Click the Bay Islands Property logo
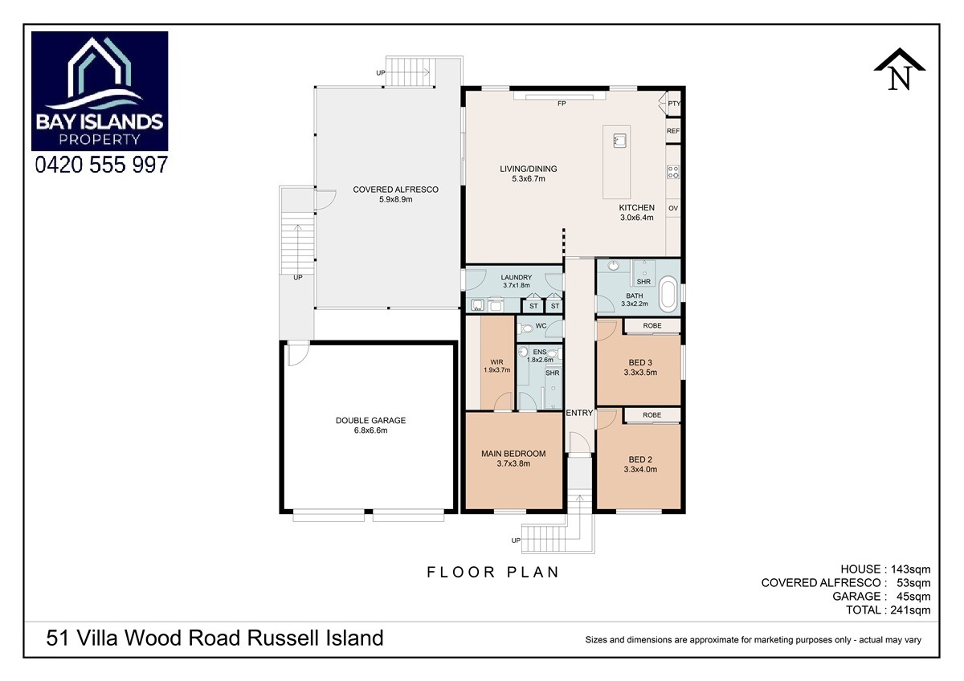pyautogui.click(x=100, y=91)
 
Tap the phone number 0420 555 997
pyautogui.click(x=101, y=165)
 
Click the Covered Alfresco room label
pyautogui.click(x=395, y=194)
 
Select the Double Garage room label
pyautogui.click(x=370, y=425)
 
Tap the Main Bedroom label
pyautogui.click(x=513, y=459)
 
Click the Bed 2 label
pyautogui.click(x=640, y=464)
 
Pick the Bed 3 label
pyautogui.click(x=640, y=367)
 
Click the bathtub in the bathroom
pyautogui.click(x=668, y=296)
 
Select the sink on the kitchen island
pyautogui.click(x=619, y=141)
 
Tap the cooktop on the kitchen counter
pyautogui.click(x=673, y=172)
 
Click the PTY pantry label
pyautogui.click(x=674, y=104)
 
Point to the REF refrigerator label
pyautogui.click(x=673, y=131)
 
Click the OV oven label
pyautogui.click(x=673, y=208)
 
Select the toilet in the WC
pyautogui.click(x=526, y=329)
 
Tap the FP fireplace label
pyautogui.click(x=562, y=104)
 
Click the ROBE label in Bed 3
pyautogui.click(x=652, y=326)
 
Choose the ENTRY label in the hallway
pyautogui.click(x=579, y=413)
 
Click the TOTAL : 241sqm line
pyautogui.click(x=888, y=610)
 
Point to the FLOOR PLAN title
pyautogui.click(x=492, y=572)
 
